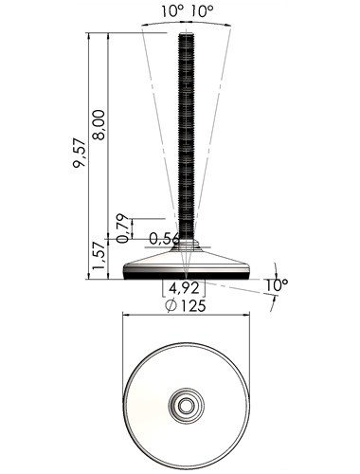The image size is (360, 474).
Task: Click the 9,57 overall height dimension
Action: click(80, 153)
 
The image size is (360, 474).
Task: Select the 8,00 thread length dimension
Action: click(99, 125)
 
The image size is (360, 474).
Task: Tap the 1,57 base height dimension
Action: click(99, 255)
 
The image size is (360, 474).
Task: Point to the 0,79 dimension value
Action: click(122, 228)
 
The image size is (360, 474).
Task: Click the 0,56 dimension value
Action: click(164, 239)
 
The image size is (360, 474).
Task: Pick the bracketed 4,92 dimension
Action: click(184, 288)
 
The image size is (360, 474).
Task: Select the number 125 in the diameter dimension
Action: click(193, 305)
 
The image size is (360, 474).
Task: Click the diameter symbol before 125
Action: click(171, 305)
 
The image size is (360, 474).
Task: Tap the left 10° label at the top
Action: click(172, 11)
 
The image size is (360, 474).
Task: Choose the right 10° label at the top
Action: click(202, 11)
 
